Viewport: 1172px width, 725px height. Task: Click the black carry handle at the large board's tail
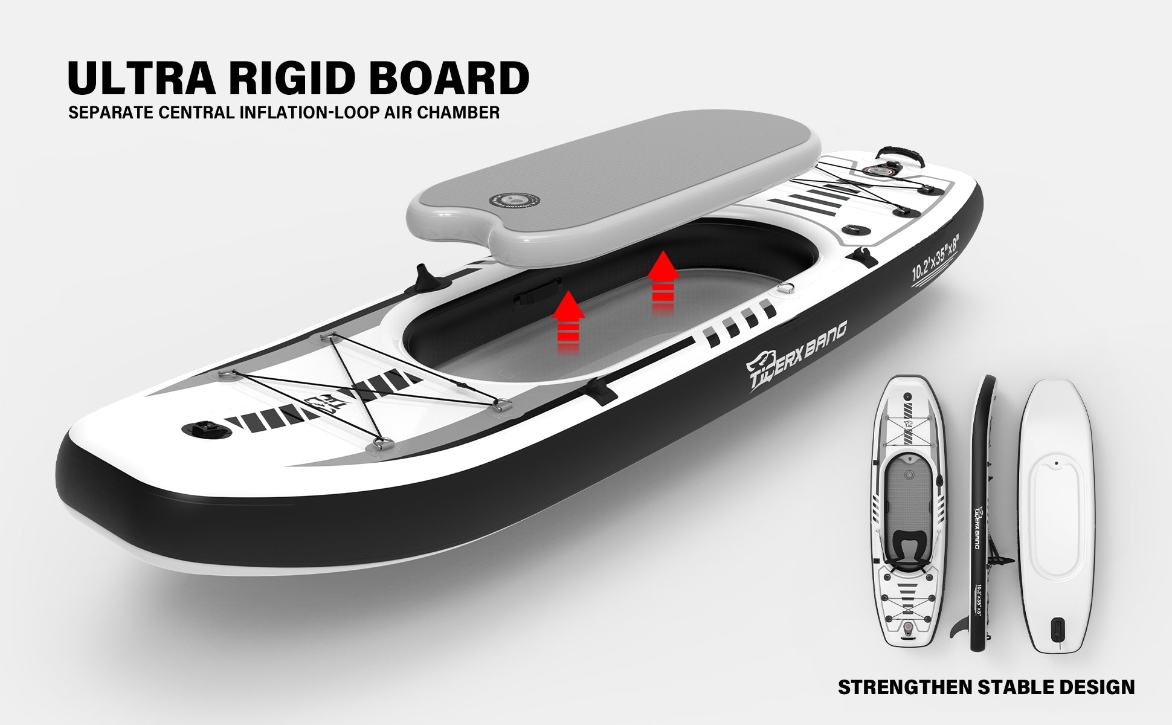(x=900, y=153)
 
